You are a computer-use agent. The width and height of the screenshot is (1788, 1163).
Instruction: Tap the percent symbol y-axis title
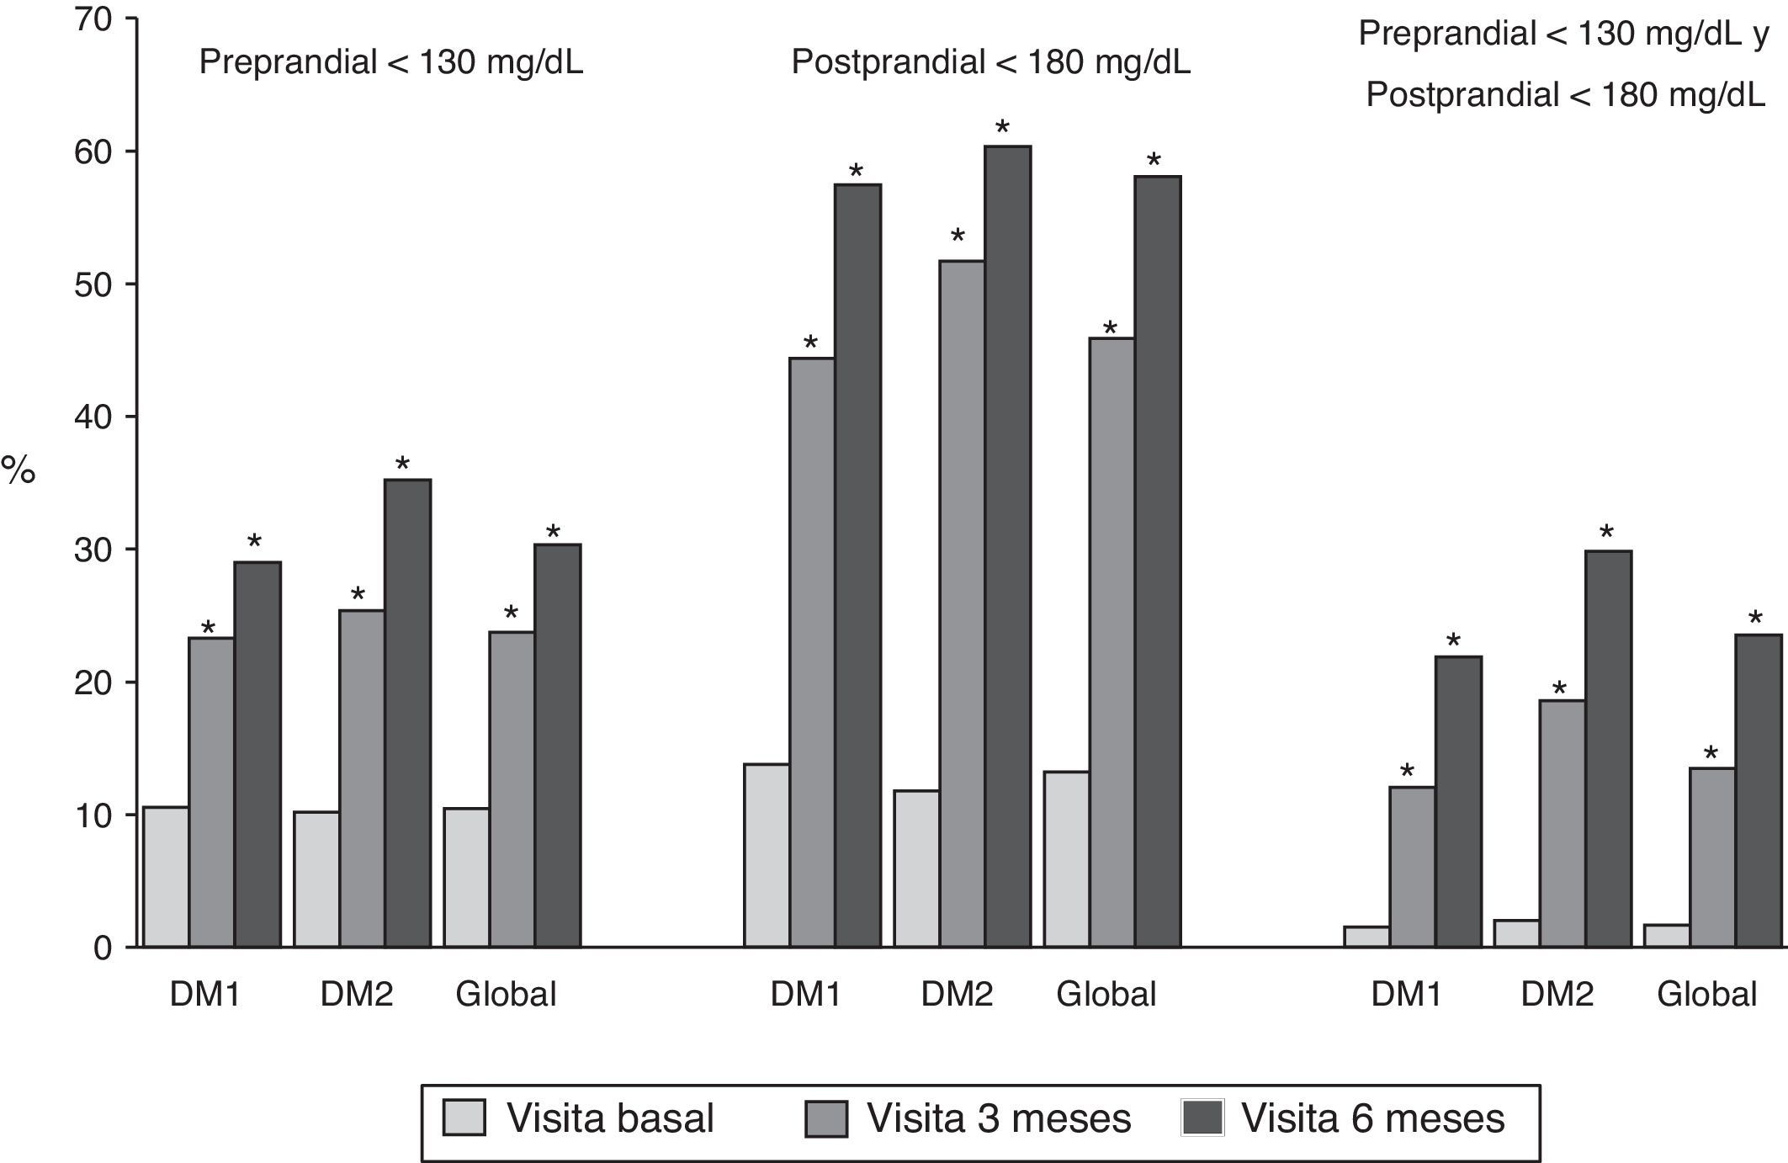[x=19, y=471]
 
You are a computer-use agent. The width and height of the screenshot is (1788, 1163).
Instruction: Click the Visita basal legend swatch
[x=464, y=1118]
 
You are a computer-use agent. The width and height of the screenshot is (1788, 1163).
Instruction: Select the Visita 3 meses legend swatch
[x=825, y=1118]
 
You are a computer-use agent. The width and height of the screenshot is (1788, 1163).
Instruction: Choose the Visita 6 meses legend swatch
[x=1202, y=1118]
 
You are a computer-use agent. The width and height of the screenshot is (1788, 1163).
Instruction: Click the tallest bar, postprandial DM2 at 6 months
[x=1008, y=547]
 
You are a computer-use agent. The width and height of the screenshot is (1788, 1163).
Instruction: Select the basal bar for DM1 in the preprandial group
[x=166, y=877]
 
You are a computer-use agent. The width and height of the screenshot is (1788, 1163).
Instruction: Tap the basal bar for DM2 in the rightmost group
[x=1517, y=933]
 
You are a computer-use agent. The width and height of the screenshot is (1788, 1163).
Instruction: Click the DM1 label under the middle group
[x=806, y=995]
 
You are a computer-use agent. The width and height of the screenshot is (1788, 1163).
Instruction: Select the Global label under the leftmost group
[x=506, y=995]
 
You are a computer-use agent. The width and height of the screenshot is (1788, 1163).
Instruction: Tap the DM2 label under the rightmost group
[x=1557, y=995]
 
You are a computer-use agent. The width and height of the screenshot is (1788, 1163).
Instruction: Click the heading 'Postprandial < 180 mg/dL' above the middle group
[x=990, y=63]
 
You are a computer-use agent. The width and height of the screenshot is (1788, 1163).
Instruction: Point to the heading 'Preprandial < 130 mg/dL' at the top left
[x=390, y=63]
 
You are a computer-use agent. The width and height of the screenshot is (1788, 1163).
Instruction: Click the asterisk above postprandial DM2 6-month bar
[x=1002, y=129]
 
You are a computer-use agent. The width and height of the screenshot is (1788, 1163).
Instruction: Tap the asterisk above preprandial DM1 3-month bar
[x=208, y=628]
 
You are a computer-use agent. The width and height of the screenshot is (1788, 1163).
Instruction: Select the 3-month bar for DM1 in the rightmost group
[x=1412, y=867]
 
